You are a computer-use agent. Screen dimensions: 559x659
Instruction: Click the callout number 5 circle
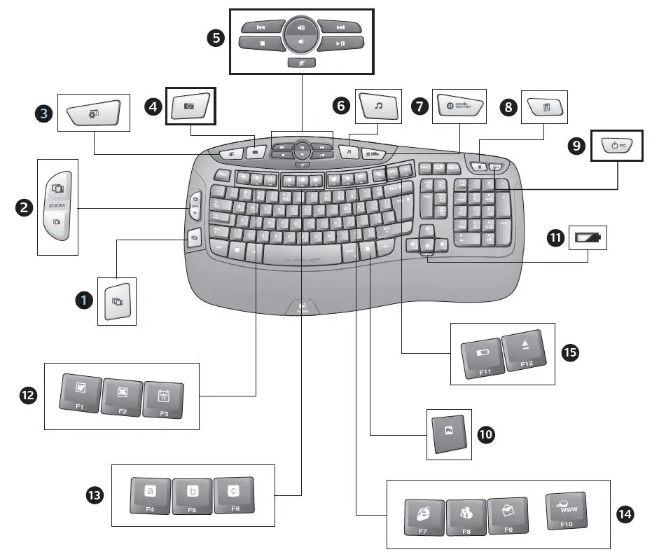(217, 37)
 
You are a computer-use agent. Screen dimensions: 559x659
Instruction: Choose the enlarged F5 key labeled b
(193, 497)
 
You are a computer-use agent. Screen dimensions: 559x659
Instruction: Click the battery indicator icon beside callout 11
(588, 238)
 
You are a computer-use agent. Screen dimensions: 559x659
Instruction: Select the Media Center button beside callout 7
(459, 106)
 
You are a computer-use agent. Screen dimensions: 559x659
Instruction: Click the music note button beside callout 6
(378, 106)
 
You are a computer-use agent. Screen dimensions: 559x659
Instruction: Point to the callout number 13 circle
(94, 495)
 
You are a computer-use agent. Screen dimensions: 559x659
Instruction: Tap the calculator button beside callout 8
(544, 106)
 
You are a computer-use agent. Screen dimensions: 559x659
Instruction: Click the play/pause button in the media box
(340, 43)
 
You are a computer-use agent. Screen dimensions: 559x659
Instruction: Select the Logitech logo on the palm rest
(302, 307)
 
